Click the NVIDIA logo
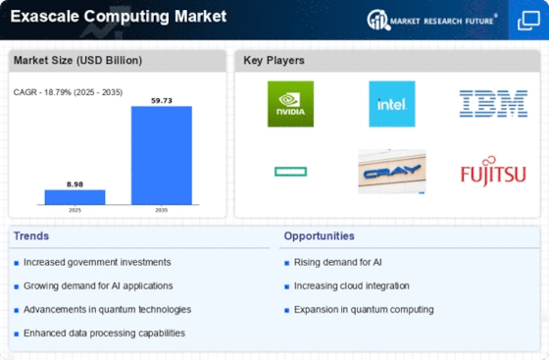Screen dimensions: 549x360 click(x=290, y=104)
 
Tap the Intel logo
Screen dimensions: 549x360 click(x=392, y=104)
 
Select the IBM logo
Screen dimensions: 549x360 click(x=493, y=104)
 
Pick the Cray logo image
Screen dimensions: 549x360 click(x=392, y=172)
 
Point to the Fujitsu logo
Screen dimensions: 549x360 click(x=493, y=172)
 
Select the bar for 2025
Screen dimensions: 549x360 click(x=75, y=197)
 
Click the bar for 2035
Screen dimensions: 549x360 click(x=162, y=156)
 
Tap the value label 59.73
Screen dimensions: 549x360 click(x=162, y=101)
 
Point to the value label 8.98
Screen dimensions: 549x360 click(x=75, y=184)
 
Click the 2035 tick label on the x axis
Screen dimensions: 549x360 click(x=162, y=210)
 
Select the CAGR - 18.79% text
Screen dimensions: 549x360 click(x=42, y=92)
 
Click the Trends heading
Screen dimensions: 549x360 click(x=31, y=236)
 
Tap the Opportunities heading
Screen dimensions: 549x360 click(x=319, y=236)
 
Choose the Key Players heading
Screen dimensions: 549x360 click(x=274, y=61)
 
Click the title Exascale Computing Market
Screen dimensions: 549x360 click(x=119, y=17)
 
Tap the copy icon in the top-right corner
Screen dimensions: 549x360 click(x=528, y=21)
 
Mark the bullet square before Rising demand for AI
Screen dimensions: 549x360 click(x=286, y=263)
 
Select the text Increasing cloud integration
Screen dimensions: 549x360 click(x=352, y=286)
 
